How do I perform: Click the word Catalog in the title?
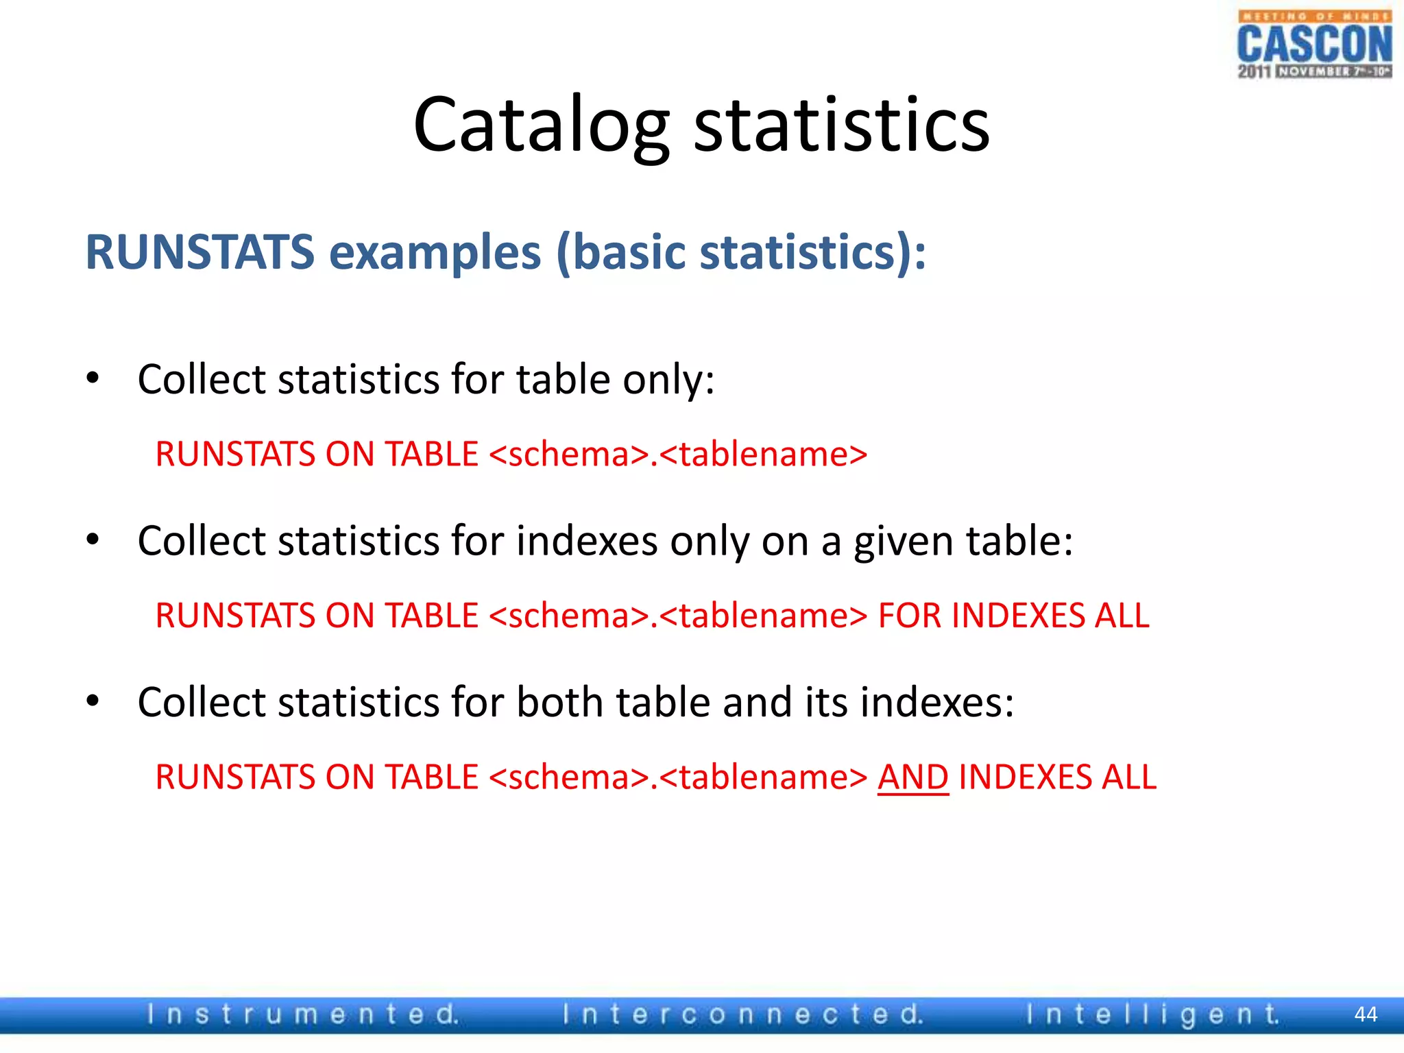pos(541,125)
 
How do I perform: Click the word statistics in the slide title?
pos(842,125)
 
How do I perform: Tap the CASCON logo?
pos(1314,45)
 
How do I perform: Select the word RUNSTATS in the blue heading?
pos(199,252)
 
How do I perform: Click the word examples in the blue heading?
pos(435,252)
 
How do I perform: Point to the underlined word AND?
pos(913,777)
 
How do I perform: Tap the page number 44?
pos(1366,1015)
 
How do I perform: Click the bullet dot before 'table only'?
pos(93,378)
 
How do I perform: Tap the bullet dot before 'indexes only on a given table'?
pos(93,540)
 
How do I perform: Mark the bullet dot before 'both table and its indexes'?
pos(93,701)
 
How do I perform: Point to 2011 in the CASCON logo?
pos(1255,71)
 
